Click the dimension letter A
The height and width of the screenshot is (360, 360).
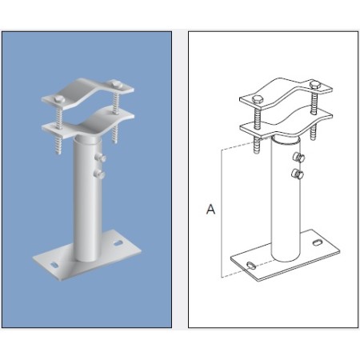(x=210, y=209)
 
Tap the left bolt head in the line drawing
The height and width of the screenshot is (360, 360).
(x=258, y=99)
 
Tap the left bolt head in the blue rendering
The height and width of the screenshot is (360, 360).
(x=58, y=97)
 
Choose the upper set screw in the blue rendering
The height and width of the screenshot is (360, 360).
(x=100, y=157)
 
